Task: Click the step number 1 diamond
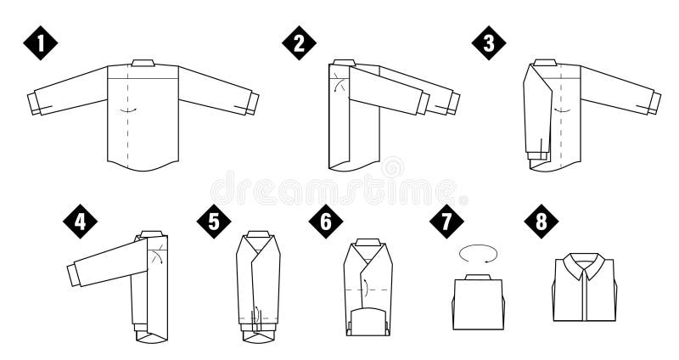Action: tap(40, 43)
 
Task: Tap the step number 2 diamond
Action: tap(299, 43)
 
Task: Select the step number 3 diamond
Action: tap(489, 43)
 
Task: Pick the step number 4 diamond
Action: tap(80, 222)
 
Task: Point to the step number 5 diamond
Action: tap(214, 222)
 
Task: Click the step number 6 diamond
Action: tap(326, 222)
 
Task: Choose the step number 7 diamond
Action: tap(446, 222)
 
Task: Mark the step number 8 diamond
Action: tap(542, 222)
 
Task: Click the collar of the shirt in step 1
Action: tap(143, 63)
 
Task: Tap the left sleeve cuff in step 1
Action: tap(34, 104)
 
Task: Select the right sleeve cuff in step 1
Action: tap(252, 104)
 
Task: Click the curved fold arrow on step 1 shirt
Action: tap(129, 110)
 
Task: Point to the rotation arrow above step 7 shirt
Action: tap(478, 253)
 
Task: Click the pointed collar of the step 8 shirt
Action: tap(585, 266)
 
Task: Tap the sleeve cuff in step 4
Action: tap(74, 274)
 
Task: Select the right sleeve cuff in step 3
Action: tap(654, 103)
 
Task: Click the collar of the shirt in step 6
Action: tap(368, 242)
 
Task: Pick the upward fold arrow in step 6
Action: tap(366, 288)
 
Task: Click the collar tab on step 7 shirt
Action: tap(478, 277)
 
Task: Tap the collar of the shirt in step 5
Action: tap(259, 234)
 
